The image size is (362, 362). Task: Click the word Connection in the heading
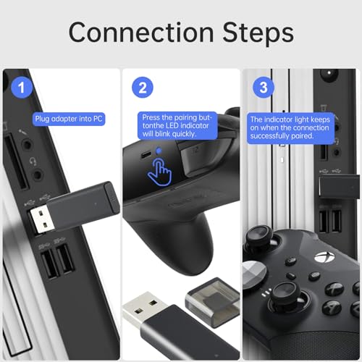[138, 33]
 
